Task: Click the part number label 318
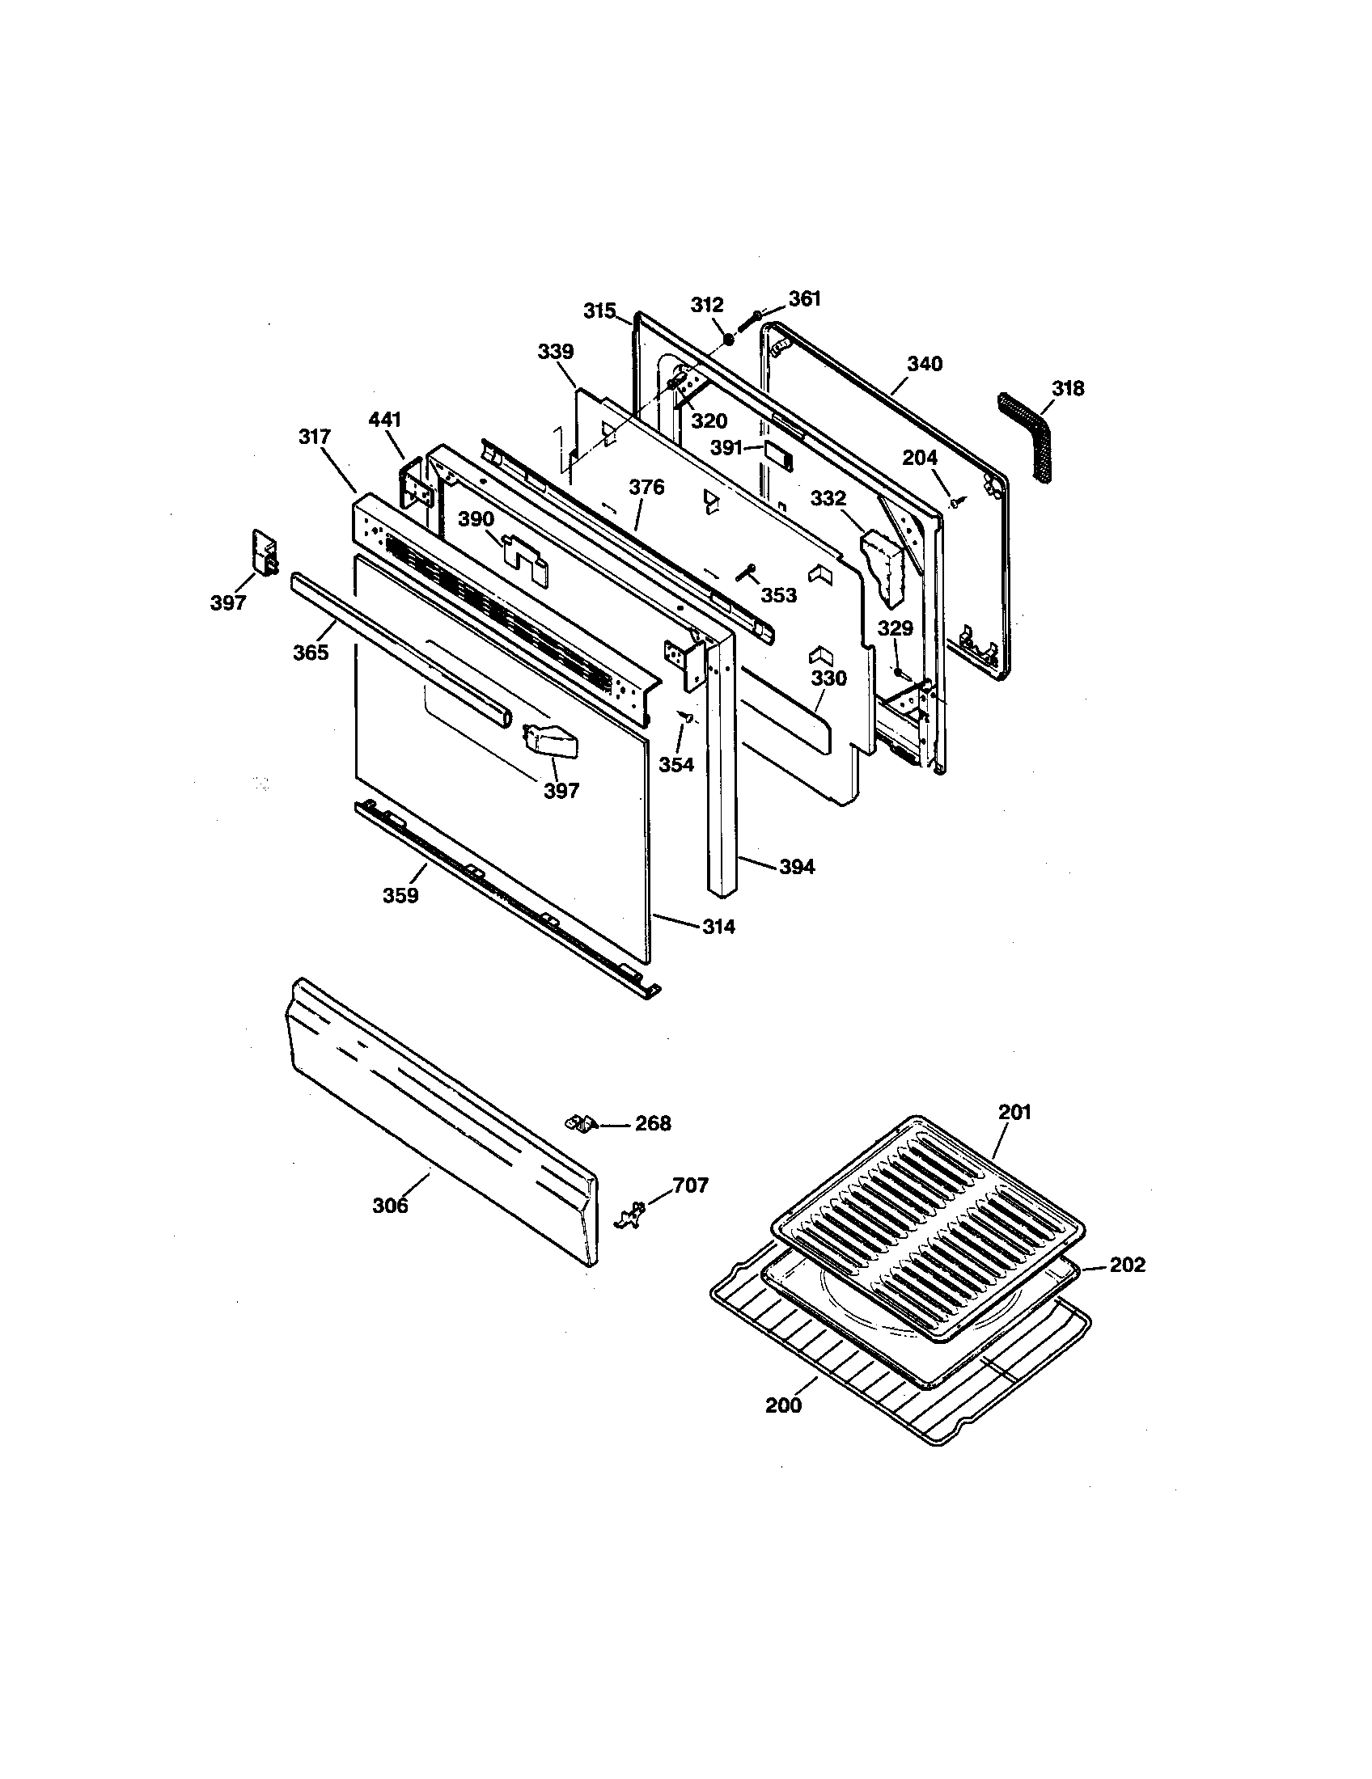click(x=1067, y=388)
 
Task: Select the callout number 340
click(x=925, y=364)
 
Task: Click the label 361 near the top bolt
click(x=804, y=299)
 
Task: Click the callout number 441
click(x=384, y=420)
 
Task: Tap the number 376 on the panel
click(x=646, y=487)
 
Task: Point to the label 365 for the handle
click(x=311, y=652)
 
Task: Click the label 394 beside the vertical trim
click(x=796, y=867)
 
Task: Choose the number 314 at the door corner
click(x=718, y=926)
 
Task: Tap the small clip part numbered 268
click(x=578, y=1122)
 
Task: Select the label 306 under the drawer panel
click(x=390, y=1206)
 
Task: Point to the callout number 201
click(x=1014, y=1112)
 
